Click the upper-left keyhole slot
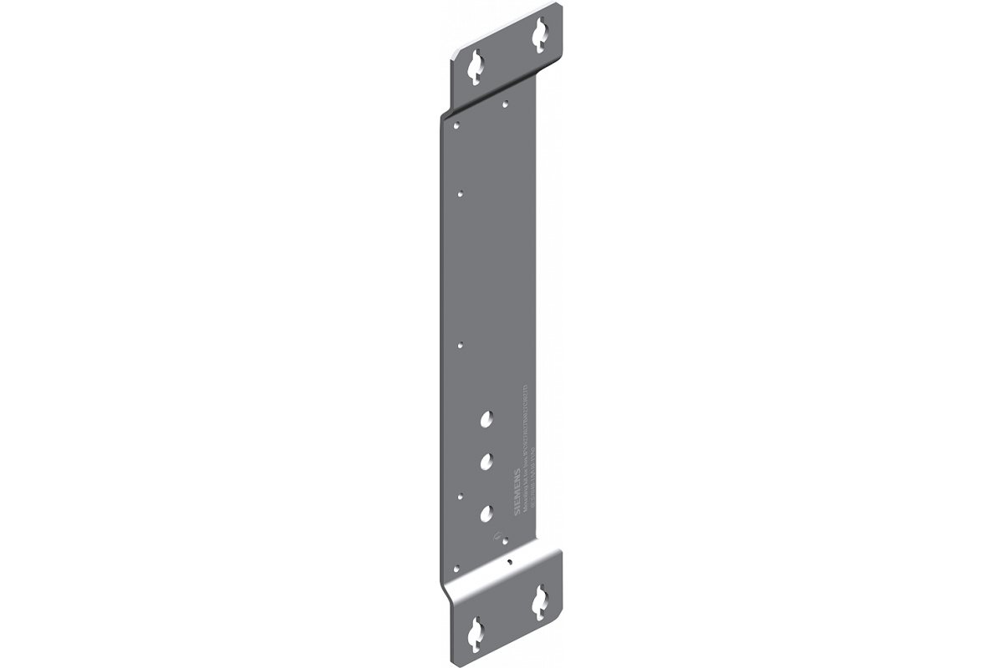pyautogui.click(x=475, y=65)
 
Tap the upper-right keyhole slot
pyautogui.click(x=538, y=33)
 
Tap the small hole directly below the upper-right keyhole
pyautogui.click(x=505, y=104)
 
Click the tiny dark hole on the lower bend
pyautogui.click(x=509, y=562)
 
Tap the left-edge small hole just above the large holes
pyautogui.click(x=460, y=343)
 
